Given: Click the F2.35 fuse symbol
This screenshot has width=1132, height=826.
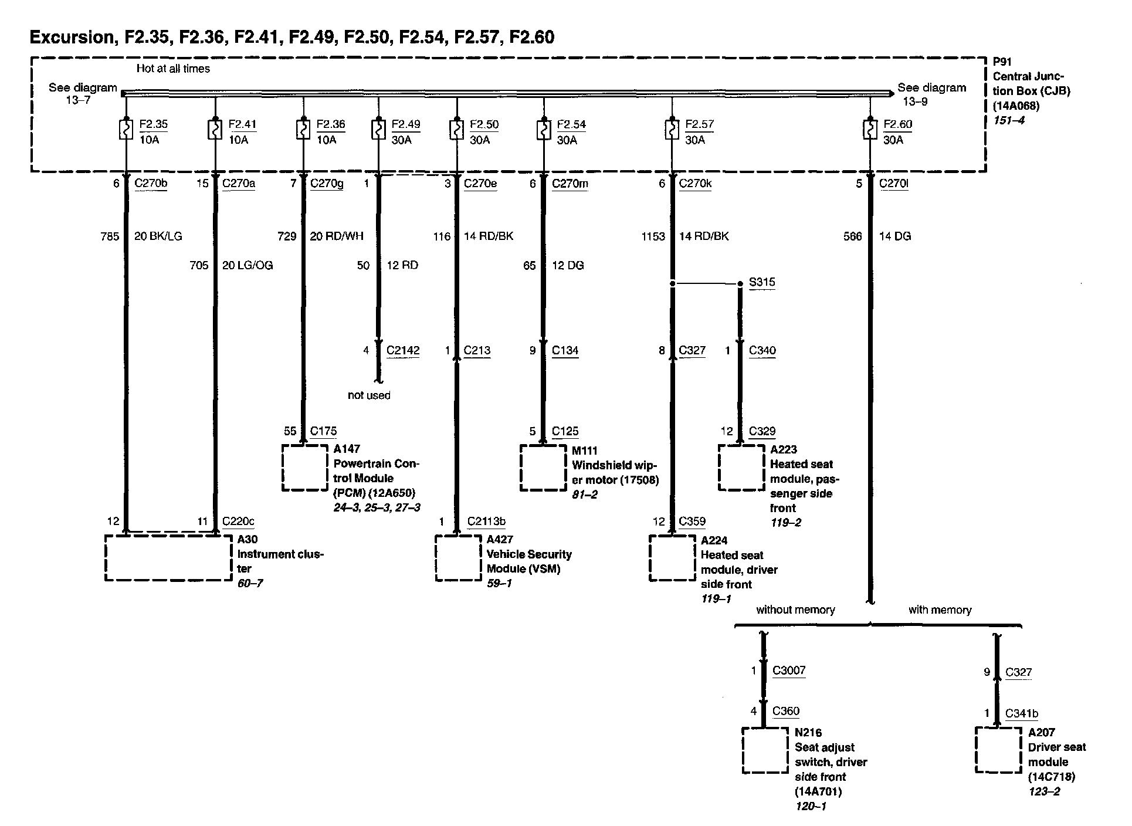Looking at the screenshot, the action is tap(126, 130).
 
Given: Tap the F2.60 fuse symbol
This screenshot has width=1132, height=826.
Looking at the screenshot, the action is tap(870, 130).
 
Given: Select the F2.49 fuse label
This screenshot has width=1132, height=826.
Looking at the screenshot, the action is tap(406, 124).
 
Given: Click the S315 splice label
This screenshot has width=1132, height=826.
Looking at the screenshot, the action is tap(762, 282).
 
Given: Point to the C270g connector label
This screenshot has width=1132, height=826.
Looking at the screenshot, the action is tap(327, 184).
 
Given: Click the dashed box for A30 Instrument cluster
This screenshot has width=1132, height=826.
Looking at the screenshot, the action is tap(168, 557).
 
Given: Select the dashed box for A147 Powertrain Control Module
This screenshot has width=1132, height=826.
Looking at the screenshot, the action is tap(305, 468).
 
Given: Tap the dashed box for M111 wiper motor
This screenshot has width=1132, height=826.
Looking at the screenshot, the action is tap(543, 468).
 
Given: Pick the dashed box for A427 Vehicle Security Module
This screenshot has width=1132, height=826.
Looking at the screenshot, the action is tap(458, 557).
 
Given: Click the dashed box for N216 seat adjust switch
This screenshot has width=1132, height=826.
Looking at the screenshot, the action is tap(765, 750).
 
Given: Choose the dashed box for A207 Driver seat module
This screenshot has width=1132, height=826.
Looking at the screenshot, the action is tap(998, 750).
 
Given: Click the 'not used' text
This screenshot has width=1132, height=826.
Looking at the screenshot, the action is tap(369, 395).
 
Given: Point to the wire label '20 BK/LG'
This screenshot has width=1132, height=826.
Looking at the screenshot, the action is tap(158, 236).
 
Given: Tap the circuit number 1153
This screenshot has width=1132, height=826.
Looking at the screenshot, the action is tap(653, 236).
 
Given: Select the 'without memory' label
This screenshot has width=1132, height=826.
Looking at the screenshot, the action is tap(795, 610).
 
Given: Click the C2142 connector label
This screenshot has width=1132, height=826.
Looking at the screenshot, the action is tap(403, 351).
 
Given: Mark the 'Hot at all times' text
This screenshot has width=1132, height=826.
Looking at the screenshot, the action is tap(173, 69).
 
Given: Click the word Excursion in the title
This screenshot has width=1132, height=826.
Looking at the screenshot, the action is tap(72, 38).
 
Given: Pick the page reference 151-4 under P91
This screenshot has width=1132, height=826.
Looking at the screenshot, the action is tap(1008, 120).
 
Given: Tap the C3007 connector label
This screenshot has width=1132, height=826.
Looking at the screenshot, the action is tap(789, 670).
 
